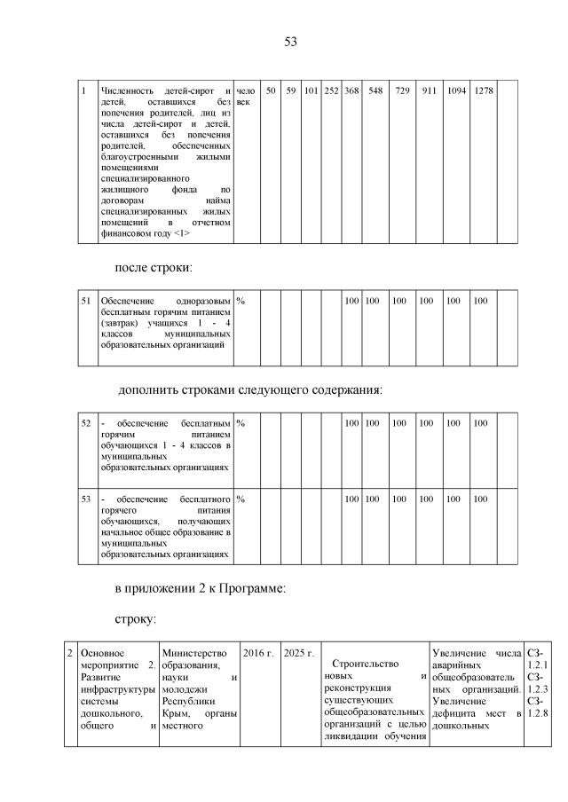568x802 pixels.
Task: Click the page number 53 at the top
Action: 290,42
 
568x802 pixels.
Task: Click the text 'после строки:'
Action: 153,267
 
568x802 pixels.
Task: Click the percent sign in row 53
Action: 241,499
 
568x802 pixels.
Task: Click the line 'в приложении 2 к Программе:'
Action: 200,590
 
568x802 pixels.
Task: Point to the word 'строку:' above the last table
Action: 136,617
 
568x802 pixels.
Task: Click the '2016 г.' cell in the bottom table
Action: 258,654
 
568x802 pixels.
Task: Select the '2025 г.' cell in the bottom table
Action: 299,654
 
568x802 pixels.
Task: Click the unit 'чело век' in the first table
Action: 246,97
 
